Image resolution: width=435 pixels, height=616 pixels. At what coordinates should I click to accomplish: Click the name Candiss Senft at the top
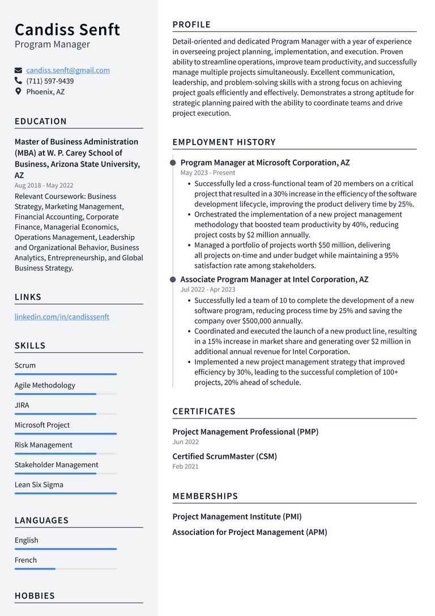67,29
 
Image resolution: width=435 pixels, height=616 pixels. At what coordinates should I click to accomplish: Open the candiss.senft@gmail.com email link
68,70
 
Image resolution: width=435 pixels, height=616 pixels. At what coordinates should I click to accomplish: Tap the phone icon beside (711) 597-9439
19,81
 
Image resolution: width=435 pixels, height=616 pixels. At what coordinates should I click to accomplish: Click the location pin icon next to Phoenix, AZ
19,91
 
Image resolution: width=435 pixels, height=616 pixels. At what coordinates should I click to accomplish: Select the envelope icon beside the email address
19,71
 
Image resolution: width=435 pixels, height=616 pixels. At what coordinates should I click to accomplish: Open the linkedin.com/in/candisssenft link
62,317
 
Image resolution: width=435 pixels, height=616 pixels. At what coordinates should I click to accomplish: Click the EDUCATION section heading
41,121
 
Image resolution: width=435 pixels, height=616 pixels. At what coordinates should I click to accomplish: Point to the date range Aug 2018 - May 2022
44,185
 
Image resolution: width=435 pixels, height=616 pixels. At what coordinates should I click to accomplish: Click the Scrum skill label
25,365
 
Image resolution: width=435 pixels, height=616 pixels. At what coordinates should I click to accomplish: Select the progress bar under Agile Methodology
65,394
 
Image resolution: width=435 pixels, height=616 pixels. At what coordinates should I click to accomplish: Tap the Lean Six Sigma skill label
39,484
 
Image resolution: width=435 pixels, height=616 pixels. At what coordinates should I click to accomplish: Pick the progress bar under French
65,568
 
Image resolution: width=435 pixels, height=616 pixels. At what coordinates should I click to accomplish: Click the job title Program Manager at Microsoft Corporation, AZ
265,163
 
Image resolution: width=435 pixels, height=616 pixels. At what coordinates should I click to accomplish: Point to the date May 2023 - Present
208,172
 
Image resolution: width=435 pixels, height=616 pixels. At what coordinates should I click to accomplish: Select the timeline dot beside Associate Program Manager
173,280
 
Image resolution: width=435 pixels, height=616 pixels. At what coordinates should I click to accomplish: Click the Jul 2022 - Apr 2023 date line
208,289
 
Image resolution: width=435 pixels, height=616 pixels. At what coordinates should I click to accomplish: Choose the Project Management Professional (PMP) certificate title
245,432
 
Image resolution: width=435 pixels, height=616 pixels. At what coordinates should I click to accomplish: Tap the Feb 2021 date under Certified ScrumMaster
185,466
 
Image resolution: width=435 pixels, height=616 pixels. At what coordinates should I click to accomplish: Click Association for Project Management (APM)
249,532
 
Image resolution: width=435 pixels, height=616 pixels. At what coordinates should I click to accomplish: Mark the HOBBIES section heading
35,596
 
